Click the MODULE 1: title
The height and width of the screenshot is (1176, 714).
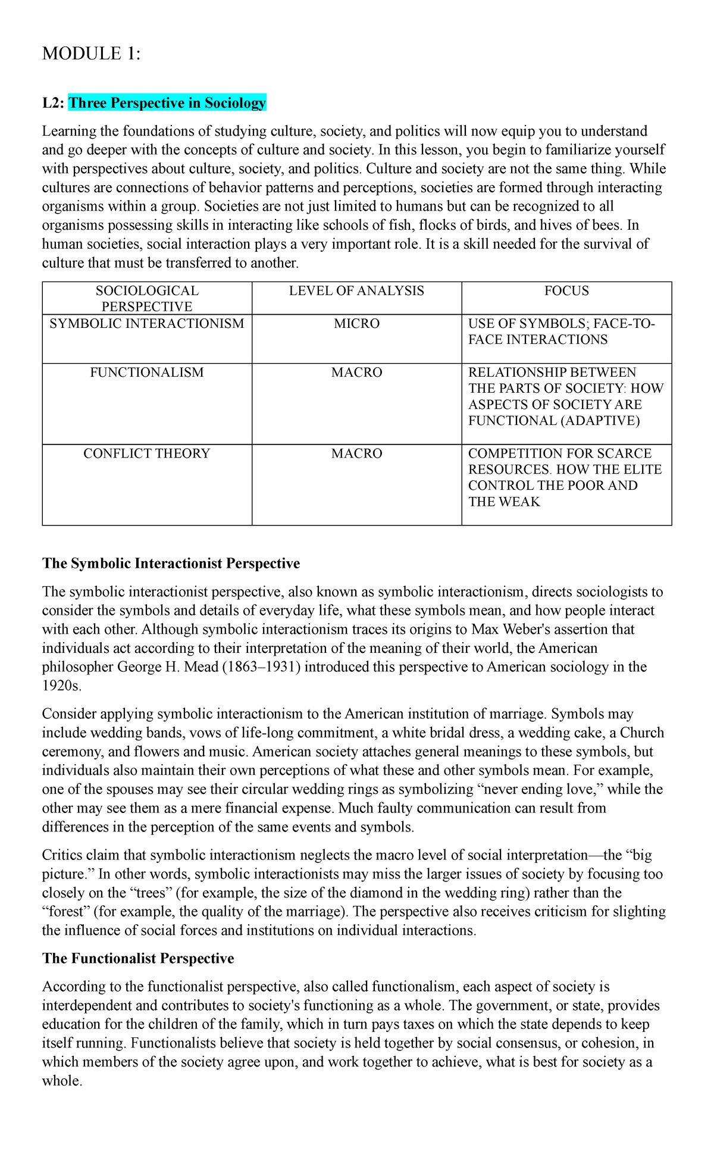[x=92, y=54]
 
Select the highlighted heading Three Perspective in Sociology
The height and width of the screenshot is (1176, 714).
[x=167, y=103]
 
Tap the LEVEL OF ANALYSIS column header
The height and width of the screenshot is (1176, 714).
[x=356, y=291]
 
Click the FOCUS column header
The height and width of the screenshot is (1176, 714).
[x=566, y=291]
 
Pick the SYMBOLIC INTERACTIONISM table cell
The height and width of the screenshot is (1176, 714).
[x=147, y=324]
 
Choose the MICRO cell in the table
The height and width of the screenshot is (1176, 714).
[x=356, y=324]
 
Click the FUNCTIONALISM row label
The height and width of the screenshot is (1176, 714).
[x=147, y=373]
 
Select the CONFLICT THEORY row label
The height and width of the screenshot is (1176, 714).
[x=147, y=453]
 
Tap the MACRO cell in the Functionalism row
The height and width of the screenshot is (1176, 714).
[x=356, y=373]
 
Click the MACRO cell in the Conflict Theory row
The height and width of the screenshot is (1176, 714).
[x=356, y=453]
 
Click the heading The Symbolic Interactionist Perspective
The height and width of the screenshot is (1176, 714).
[x=171, y=564]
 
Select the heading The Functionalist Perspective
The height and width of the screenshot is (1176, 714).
[x=138, y=958]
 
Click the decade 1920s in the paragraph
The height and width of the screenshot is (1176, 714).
[x=61, y=686]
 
